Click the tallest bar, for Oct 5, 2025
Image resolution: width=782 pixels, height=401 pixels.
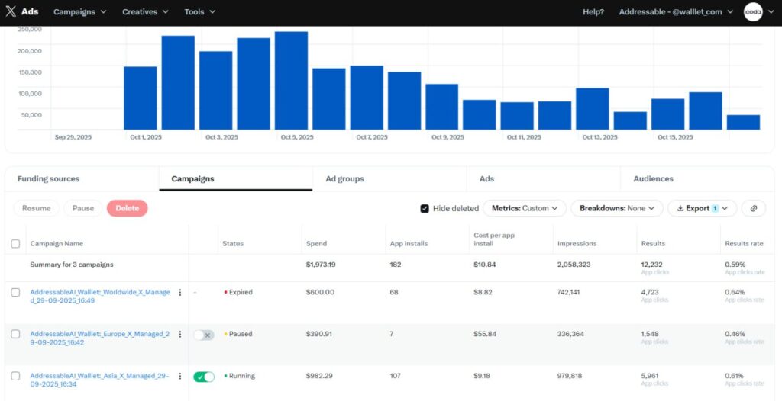click(x=291, y=81)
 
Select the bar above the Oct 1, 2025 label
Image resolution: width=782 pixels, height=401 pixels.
click(x=141, y=98)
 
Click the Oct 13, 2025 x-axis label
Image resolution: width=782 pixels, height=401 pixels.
click(x=599, y=137)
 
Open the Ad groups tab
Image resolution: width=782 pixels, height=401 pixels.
click(x=344, y=179)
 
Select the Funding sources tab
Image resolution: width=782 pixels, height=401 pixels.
click(x=48, y=179)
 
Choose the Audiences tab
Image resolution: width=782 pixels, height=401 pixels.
click(x=653, y=179)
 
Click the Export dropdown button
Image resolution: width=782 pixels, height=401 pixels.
click(x=702, y=208)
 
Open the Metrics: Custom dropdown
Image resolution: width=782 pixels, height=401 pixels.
click(x=525, y=208)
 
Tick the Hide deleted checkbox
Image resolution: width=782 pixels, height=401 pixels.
click(x=425, y=209)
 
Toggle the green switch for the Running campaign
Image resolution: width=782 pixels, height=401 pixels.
click(x=204, y=377)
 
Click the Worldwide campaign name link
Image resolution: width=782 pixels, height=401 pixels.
click(x=99, y=296)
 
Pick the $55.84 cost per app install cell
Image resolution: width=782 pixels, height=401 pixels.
click(x=485, y=334)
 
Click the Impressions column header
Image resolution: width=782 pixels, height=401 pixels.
click(x=577, y=244)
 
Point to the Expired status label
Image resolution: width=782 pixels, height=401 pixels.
click(x=240, y=292)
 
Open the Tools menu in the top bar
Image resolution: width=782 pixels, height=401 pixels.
click(x=199, y=12)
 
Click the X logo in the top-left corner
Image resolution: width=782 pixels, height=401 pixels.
click(x=11, y=12)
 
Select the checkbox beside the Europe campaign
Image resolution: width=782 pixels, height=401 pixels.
click(x=15, y=334)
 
